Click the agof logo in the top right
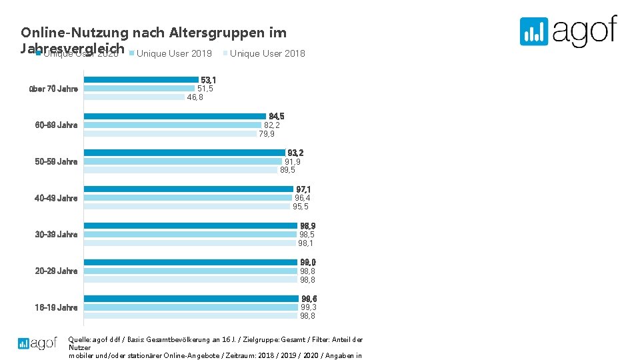pos(568,31)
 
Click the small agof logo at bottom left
pos(37,343)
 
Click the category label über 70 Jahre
pos(54,89)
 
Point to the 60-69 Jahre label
pos(56,125)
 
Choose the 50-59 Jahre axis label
pos(56,161)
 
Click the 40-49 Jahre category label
pos(56,198)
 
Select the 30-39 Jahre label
pos(56,234)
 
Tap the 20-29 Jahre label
pos(56,271)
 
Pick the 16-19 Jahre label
pos(56,307)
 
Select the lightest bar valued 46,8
pos(134,97)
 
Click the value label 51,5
pos(205,89)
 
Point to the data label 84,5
pos(276,117)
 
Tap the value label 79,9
pos(267,134)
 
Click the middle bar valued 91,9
pos(183,161)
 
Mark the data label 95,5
pos(301,207)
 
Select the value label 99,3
pos(308,307)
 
